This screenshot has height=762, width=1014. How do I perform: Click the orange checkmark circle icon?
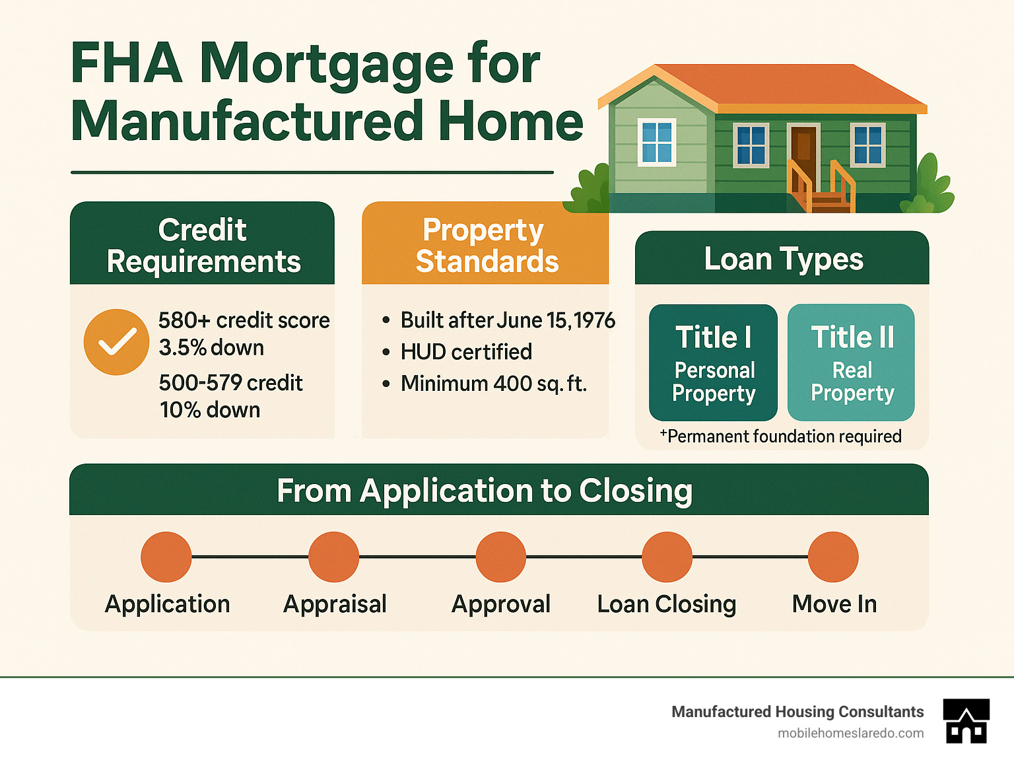pyautogui.click(x=116, y=342)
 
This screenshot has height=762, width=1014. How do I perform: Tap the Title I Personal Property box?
pyautogui.click(x=713, y=363)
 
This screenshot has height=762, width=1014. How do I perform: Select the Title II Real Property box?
pyautogui.click(x=851, y=363)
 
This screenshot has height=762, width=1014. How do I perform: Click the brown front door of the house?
pyautogui.click(x=803, y=153)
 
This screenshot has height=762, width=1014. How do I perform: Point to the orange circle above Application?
pyautogui.click(x=166, y=557)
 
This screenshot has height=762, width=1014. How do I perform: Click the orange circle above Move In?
pyautogui.click(x=833, y=557)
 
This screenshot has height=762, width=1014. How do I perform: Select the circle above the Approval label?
pyautogui.click(x=501, y=557)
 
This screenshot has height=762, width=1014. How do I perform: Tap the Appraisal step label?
pyautogui.click(x=335, y=604)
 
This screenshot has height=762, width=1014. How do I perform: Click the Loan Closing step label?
pyautogui.click(x=667, y=604)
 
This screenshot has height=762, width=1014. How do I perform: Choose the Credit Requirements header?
pyautogui.click(x=203, y=245)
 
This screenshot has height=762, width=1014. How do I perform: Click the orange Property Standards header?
pyautogui.click(x=486, y=245)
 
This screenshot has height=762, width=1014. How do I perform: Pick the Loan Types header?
pyautogui.click(x=783, y=259)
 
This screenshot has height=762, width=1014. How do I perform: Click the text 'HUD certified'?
pyautogui.click(x=466, y=352)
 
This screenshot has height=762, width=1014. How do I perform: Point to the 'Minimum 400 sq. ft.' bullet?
pyautogui.click(x=493, y=384)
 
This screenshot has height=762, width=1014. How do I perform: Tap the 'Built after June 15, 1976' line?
pyautogui.click(x=507, y=320)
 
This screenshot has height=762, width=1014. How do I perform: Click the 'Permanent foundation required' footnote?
pyautogui.click(x=782, y=436)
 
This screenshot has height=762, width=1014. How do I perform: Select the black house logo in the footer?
pyautogui.click(x=966, y=721)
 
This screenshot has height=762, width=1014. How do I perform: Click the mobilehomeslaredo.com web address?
pyautogui.click(x=850, y=733)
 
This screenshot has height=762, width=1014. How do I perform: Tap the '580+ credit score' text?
pyautogui.click(x=244, y=320)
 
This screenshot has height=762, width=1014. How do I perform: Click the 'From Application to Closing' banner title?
pyautogui.click(x=485, y=491)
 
